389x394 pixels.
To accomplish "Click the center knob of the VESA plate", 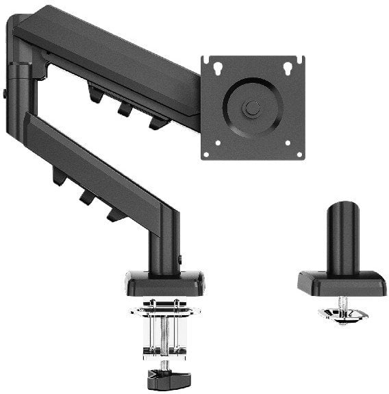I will click(253, 108).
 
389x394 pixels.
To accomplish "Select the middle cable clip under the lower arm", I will click(87, 197).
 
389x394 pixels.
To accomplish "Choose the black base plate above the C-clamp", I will click(164, 284).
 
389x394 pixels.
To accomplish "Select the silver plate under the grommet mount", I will click(342, 315).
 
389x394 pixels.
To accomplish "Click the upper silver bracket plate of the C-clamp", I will click(165, 310).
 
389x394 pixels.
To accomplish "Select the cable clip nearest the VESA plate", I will click(158, 123).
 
